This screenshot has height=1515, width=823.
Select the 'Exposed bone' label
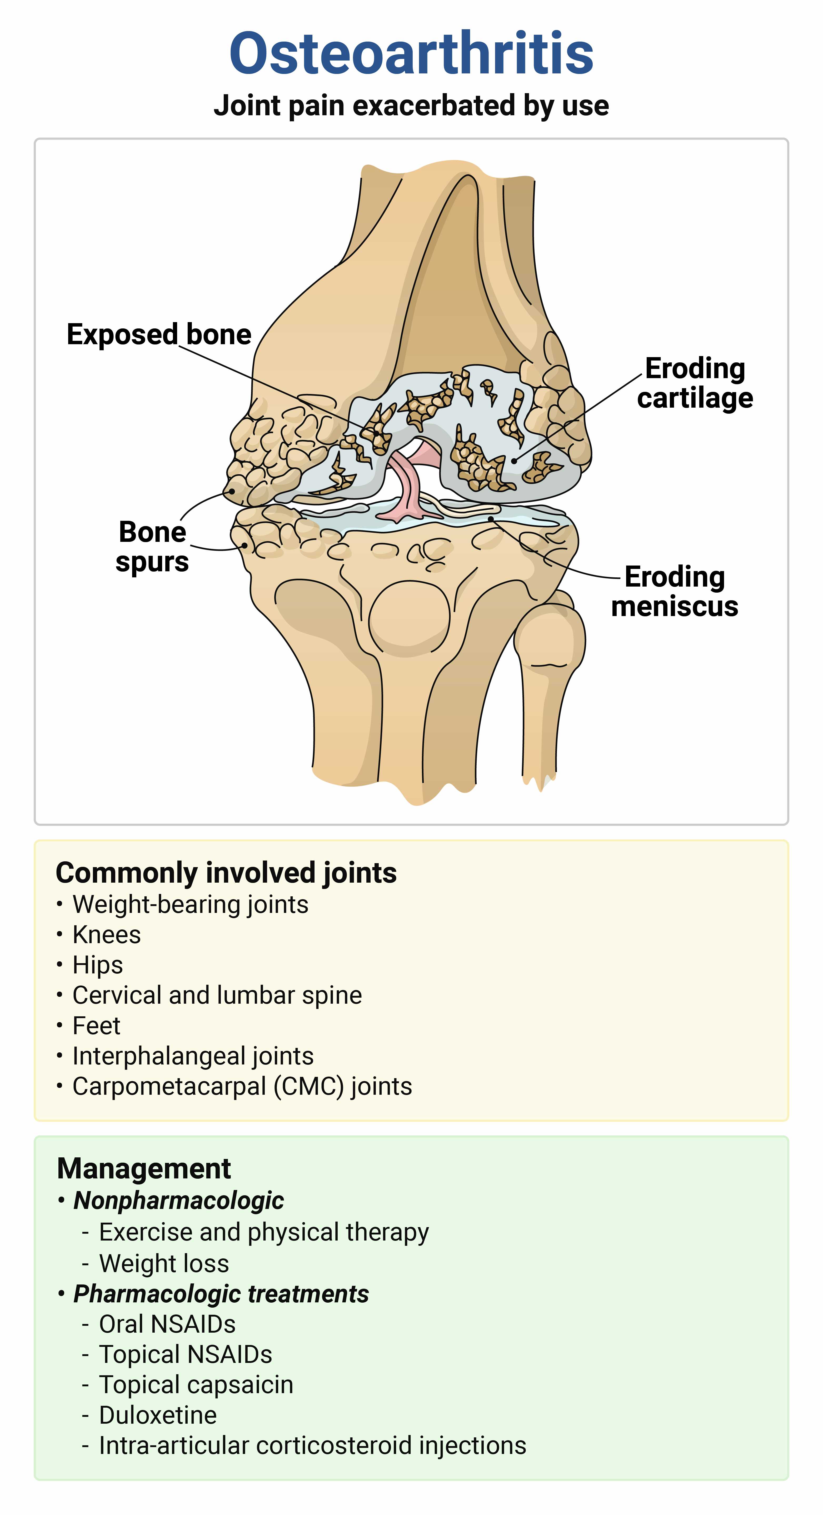coord(159,334)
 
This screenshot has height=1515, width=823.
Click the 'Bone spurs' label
coord(152,546)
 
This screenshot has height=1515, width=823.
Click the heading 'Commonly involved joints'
coord(226,873)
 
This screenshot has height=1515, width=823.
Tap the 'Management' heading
coord(144,1169)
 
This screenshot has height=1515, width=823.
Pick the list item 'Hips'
coord(98,965)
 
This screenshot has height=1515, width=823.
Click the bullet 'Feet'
coord(97,1026)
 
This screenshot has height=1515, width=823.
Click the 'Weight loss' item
coord(164,1263)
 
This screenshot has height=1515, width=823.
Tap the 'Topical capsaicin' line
coord(196,1385)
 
